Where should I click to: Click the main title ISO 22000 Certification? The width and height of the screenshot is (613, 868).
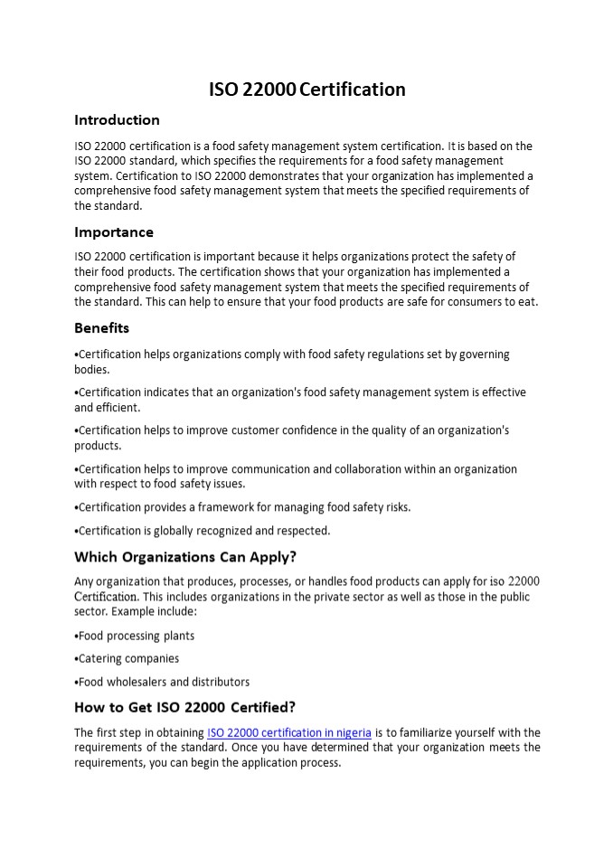tap(306, 90)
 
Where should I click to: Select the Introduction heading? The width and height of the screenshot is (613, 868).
tap(117, 120)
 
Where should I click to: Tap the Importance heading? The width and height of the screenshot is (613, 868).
tap(114, 232)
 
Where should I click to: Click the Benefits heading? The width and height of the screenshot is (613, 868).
tap(101, 328)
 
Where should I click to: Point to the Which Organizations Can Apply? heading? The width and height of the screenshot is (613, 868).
tap(185, 556)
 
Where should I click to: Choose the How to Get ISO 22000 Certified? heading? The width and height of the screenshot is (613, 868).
tap(184, 707)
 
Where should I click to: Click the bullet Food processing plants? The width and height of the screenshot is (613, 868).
tap(136, 636)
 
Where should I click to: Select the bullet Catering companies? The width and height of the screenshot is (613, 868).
tap(128, 658)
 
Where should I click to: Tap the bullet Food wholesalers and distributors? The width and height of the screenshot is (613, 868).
tap(164, 682)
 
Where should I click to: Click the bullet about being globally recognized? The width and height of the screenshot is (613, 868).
tap(203, 531)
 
